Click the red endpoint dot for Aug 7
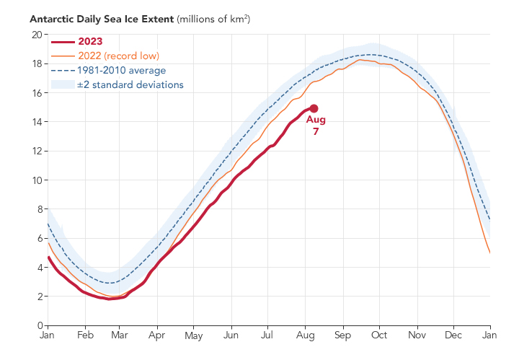coord(314,108)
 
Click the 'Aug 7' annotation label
coord(316,126)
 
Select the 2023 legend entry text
coord(90,42)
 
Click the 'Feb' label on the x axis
coord(85,336)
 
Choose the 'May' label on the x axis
coord(194,336)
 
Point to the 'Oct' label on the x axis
coord(380,336)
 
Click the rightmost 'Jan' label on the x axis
coord(490,336)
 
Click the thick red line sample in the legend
coord(61,42)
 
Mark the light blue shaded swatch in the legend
coord(61,85)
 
